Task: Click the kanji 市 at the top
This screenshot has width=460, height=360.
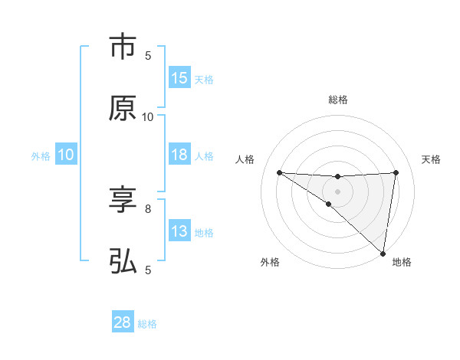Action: (x=123, y=47)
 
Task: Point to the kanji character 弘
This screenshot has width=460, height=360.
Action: (x=123, y=262)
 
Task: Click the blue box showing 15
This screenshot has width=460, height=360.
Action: (x=179, y=78)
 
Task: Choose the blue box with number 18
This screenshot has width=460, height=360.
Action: (x=179, y=155)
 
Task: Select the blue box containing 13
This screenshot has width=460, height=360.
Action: (x=179, y=231)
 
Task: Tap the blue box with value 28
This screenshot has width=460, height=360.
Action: (x=123, y=322)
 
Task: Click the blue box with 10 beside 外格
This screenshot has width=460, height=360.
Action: (x=66, y=155)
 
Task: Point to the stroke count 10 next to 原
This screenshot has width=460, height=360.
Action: (x=148, y=116)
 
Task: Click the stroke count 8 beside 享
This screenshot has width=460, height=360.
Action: (x=148, y=208)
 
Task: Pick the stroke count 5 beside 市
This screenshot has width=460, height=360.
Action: (x=148, y=55)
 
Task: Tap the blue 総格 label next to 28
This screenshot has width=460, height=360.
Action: (x=147, y=324)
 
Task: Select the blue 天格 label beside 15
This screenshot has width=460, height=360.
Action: (x=204, y=80)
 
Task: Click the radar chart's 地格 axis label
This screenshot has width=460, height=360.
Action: (x=402, y=262)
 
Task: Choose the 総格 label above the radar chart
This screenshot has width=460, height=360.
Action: (x=338, y=100)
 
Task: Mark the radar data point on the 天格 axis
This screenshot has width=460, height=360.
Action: (x=396, y=172)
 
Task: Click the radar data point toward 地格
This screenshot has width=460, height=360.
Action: (x=383, y=253)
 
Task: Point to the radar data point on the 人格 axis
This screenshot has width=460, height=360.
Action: (x=279, y=172)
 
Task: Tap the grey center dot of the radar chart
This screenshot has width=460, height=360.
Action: (x=338, y=191)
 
